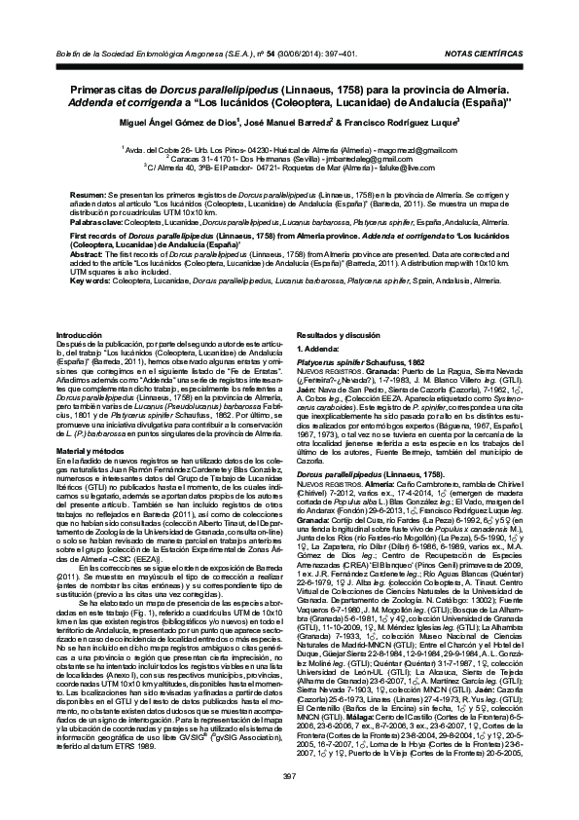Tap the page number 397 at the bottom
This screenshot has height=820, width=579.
[x=289, y=774]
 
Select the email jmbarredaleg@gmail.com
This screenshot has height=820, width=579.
[x=367, y=158]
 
